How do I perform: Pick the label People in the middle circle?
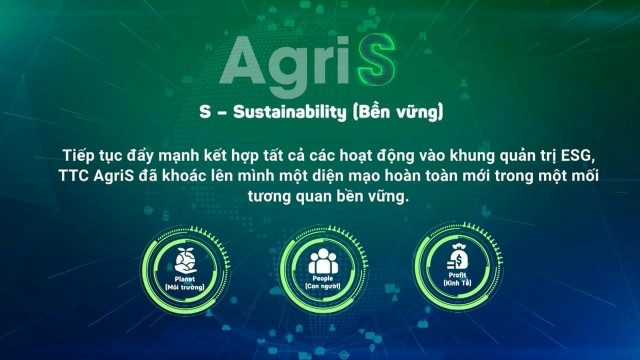coord(320,280)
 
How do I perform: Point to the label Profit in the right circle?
coord(453,280)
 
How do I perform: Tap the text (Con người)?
coord(320,288)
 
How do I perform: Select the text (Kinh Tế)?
coord(453,288)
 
